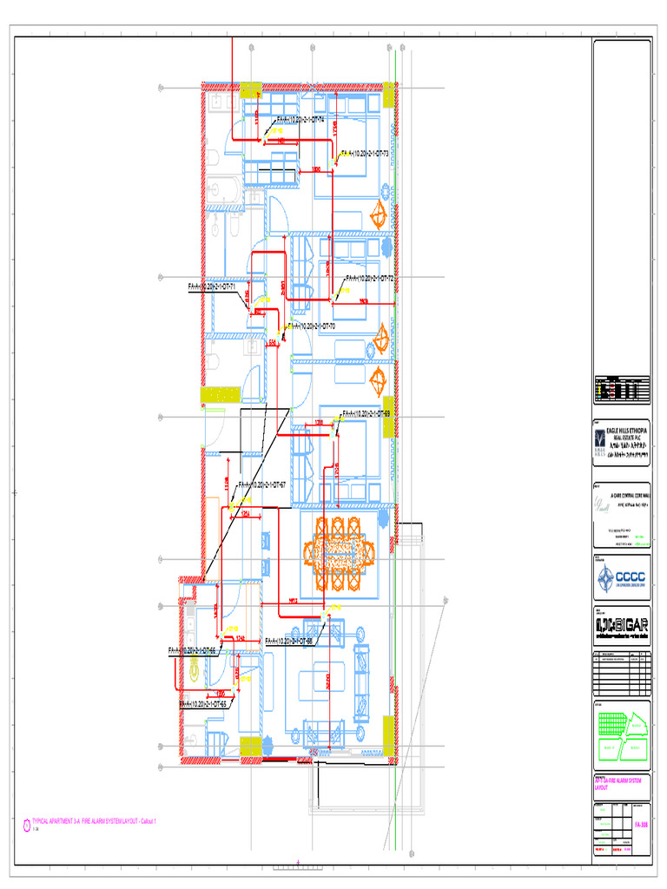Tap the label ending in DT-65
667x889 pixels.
click(203, 703)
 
